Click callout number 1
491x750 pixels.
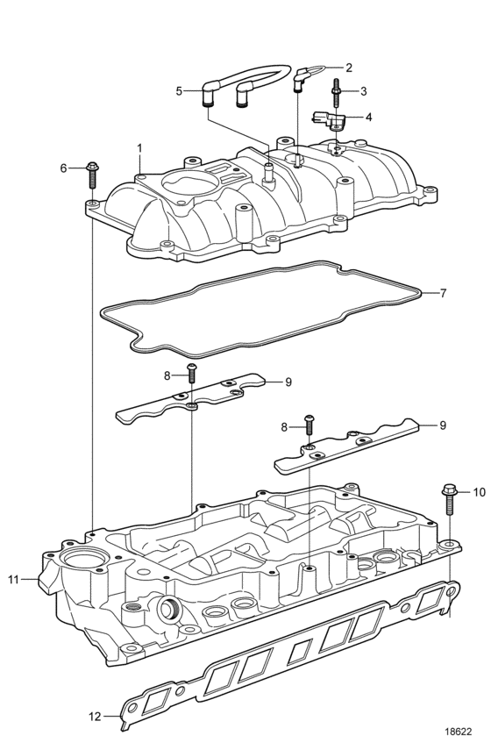[x=139, y=149]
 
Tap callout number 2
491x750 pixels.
[x=349, y=68]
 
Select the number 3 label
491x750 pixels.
[x=363, y=91]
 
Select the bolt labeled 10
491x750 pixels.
[x=450, y=499]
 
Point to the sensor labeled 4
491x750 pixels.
[x=329, y=120]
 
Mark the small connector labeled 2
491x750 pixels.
[x=302, y=78]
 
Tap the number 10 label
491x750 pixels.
[x=479, y=492]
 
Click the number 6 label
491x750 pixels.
[x=64, y=168]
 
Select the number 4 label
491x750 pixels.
[x=368, y=117]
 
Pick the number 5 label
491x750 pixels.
[x=179, y=91]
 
